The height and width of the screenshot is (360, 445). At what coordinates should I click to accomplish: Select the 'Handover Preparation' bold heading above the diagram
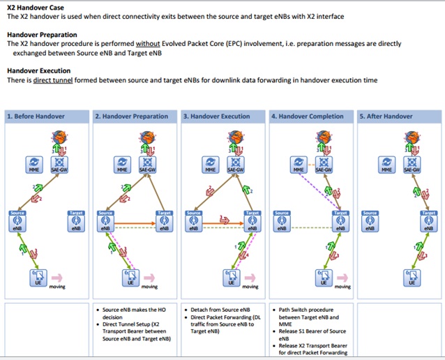pos(42,34)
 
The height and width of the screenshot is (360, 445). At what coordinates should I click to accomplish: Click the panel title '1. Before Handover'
pos(36,117)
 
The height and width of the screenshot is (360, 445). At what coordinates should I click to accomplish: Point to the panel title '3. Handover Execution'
pos(216,117)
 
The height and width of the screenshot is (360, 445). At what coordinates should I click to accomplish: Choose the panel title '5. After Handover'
pos(386,117)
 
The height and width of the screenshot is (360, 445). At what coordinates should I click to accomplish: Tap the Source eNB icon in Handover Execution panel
pos(194,223)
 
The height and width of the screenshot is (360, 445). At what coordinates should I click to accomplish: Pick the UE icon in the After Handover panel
pos(412,277)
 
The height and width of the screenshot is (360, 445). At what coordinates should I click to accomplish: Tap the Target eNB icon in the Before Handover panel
pos(77,223)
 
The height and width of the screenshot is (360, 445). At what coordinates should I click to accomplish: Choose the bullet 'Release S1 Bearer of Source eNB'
pos(310,334)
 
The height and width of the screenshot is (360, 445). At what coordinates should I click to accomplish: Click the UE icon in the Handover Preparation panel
pos(130,277)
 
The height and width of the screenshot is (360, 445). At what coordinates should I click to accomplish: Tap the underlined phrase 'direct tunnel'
pos(52,80)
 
